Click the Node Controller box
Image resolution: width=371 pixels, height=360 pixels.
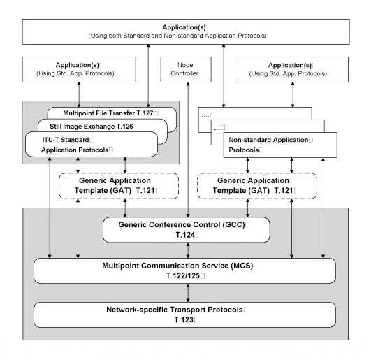tap(186, 70)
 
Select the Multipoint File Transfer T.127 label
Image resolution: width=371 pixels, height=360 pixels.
tap(108, 113)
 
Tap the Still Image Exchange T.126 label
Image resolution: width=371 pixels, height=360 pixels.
tap(92, 127)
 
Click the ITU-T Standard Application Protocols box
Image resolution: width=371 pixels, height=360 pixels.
tap(92, 145)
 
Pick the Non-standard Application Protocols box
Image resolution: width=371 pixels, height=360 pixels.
tap(280, 145)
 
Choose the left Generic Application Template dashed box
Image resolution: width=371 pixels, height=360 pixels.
tap(119, 186)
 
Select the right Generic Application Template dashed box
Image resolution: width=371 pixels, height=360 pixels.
tap(257, 186)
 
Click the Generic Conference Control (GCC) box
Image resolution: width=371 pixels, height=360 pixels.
tap(187, 230)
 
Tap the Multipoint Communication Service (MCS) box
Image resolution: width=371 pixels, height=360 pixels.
tap(184, 271)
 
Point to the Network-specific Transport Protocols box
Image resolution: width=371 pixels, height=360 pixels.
tap(184, 315)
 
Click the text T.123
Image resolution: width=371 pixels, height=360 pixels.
tap(184, 319)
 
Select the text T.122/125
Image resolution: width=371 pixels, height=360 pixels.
tap(183, 275)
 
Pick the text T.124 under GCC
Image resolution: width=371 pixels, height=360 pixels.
tap(185, 235)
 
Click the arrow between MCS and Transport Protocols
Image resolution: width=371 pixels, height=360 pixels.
tap(188, 293)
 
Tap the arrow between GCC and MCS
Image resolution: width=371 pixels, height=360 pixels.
tap(188, 250)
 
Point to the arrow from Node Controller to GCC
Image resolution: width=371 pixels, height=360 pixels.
tap(188, 150)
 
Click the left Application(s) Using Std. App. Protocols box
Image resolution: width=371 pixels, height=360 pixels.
tap(79, 70)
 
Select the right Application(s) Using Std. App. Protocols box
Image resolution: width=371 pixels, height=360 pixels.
tap(291, 70)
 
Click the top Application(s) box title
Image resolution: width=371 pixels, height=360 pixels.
tap(184, 27)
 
